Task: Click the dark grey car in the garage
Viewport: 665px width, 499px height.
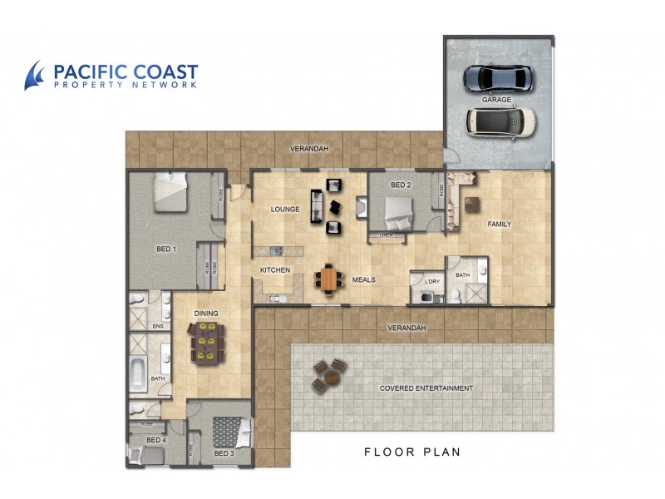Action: coord(497,79)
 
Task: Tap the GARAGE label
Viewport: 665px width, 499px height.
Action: coord(495,100)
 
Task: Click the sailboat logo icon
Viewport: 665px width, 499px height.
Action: coord(35,75)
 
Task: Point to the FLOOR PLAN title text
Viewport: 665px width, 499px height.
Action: coord(412,452)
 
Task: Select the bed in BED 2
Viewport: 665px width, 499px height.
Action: coord(391,213)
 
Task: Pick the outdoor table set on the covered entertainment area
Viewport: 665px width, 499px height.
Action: coord(328,375)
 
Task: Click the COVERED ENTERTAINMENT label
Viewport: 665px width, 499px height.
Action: coord(426,388)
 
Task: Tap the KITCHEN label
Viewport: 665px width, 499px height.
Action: coord(275,270)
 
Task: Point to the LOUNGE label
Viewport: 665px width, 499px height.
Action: coord(284,209)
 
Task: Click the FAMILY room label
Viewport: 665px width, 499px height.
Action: coord(499,224)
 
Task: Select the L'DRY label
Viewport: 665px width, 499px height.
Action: coord(431,281)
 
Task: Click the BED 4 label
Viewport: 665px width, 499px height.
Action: coord(156,439)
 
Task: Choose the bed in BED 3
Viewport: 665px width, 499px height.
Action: coord(233,433)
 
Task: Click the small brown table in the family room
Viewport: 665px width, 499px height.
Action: coord(472,203)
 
